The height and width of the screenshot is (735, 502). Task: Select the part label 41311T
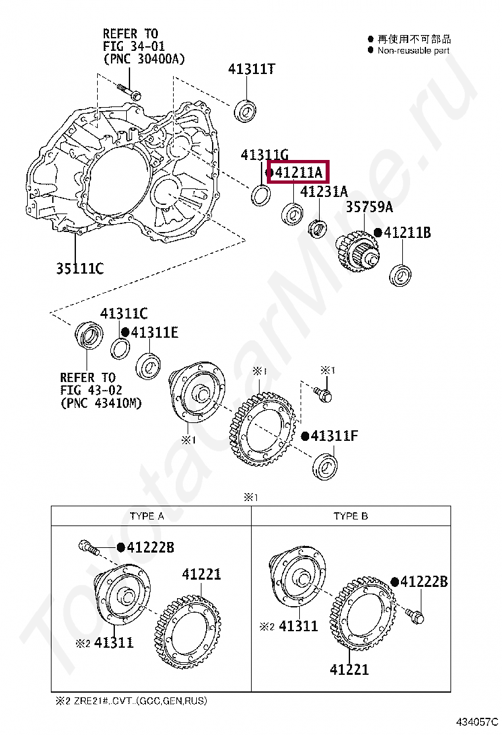(252, 69)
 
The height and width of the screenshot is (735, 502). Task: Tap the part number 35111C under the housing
(79, 268)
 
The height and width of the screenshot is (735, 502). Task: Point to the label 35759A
(369, 208)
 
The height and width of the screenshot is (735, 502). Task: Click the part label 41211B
(407, 233)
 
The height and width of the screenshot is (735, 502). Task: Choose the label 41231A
(324, 192)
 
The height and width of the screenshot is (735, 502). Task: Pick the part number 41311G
(264, 155)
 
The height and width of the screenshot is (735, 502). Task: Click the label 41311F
(334, 436)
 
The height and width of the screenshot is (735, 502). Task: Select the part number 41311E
(154, 332)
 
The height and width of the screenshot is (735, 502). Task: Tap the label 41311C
(124, 313)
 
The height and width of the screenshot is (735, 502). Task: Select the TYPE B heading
(351, 516)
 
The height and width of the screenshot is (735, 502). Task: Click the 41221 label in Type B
(350, 670)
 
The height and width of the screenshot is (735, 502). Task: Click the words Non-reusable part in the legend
(413, 50)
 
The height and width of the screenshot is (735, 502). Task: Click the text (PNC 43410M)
(100, 403)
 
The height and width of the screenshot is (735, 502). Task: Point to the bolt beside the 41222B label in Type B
(415, 615)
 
